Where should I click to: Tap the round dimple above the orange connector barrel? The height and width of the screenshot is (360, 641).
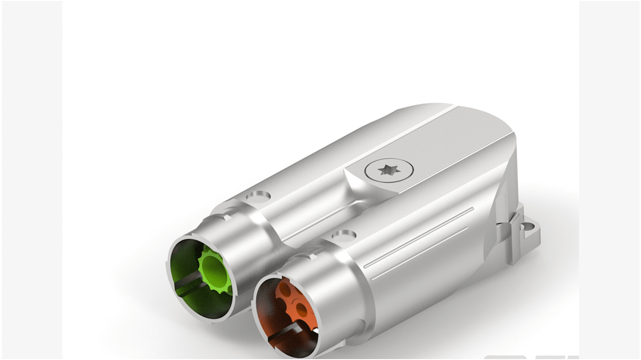click(344, 235)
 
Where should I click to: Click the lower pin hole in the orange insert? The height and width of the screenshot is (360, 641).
click(301, 311)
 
